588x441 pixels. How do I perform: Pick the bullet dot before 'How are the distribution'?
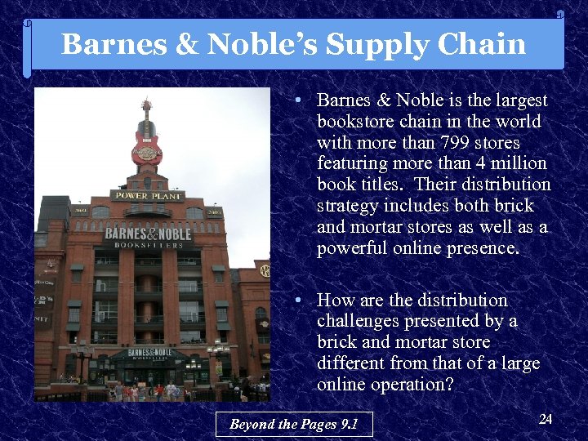coord(301,301)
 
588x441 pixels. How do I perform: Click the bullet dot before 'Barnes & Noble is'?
coord(301,100)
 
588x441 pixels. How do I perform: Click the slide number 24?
coord(546,419)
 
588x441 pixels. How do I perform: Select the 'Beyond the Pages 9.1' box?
coord(294,424)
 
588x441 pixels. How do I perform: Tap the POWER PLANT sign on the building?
coord(147,195)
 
